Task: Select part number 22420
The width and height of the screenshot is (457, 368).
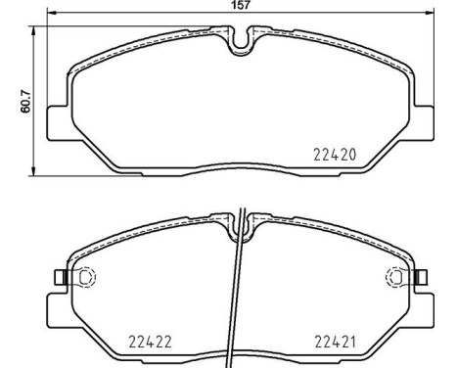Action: pyautogui.click(x=333, y=155)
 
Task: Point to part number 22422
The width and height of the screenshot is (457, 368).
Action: pyautogui.click(x=151, y=343)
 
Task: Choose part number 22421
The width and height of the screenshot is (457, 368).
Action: pyautogui.click(x=334, y=343)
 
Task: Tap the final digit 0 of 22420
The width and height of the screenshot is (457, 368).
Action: pyautogui.click(x=349, y=155)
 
